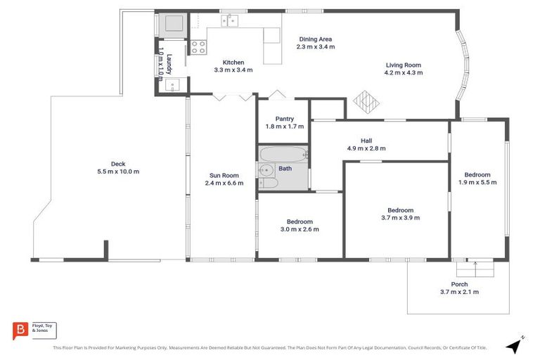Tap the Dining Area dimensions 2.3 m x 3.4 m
coord(316,47)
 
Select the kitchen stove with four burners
coord(199,47)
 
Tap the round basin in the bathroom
coord(266,169)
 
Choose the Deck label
coord(118,164)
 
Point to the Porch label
coord(459,284)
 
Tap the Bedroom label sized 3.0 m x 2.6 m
coord(300,221)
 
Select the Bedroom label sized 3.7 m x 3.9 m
coord(400,210)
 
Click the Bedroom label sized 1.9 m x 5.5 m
coord(477,174)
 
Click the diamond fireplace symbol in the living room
coord(366,102)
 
